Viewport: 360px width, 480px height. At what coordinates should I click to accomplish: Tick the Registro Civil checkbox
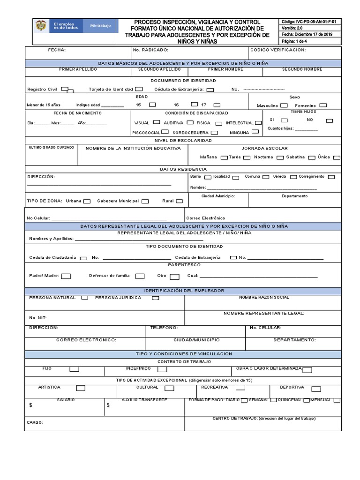pos(65,89)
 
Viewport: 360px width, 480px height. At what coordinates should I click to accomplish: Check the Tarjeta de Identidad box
pos(139,89)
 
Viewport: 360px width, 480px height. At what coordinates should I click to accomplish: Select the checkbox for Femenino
pos(323,105)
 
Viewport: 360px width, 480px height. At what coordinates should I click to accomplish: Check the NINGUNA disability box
pos(255,132)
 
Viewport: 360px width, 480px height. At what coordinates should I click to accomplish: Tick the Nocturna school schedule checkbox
pos(279,157)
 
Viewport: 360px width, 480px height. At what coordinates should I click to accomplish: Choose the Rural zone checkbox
pos(179,201)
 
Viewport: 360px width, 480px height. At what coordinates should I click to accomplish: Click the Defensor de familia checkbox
pos(140,276)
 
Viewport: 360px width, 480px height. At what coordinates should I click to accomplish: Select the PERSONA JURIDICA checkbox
pos(155,298)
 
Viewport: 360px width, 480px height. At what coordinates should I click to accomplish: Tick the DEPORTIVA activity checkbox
pos(316,389)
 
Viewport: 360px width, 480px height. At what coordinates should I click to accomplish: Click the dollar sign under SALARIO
pos(31,405)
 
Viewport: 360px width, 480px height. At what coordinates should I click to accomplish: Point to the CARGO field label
pos(35,422)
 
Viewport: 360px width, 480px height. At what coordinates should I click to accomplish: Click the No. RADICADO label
pos(149,50)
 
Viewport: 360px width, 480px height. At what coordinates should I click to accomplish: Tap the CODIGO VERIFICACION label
pos(278,50)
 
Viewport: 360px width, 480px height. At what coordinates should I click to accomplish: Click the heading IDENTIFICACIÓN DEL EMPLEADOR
pos(183,291)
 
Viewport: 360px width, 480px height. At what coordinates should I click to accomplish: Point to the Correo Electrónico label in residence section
pos(205,218)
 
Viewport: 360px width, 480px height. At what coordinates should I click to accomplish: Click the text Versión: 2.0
pos(292,28)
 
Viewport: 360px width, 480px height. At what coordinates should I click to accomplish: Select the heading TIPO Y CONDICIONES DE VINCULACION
pos(183,354)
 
